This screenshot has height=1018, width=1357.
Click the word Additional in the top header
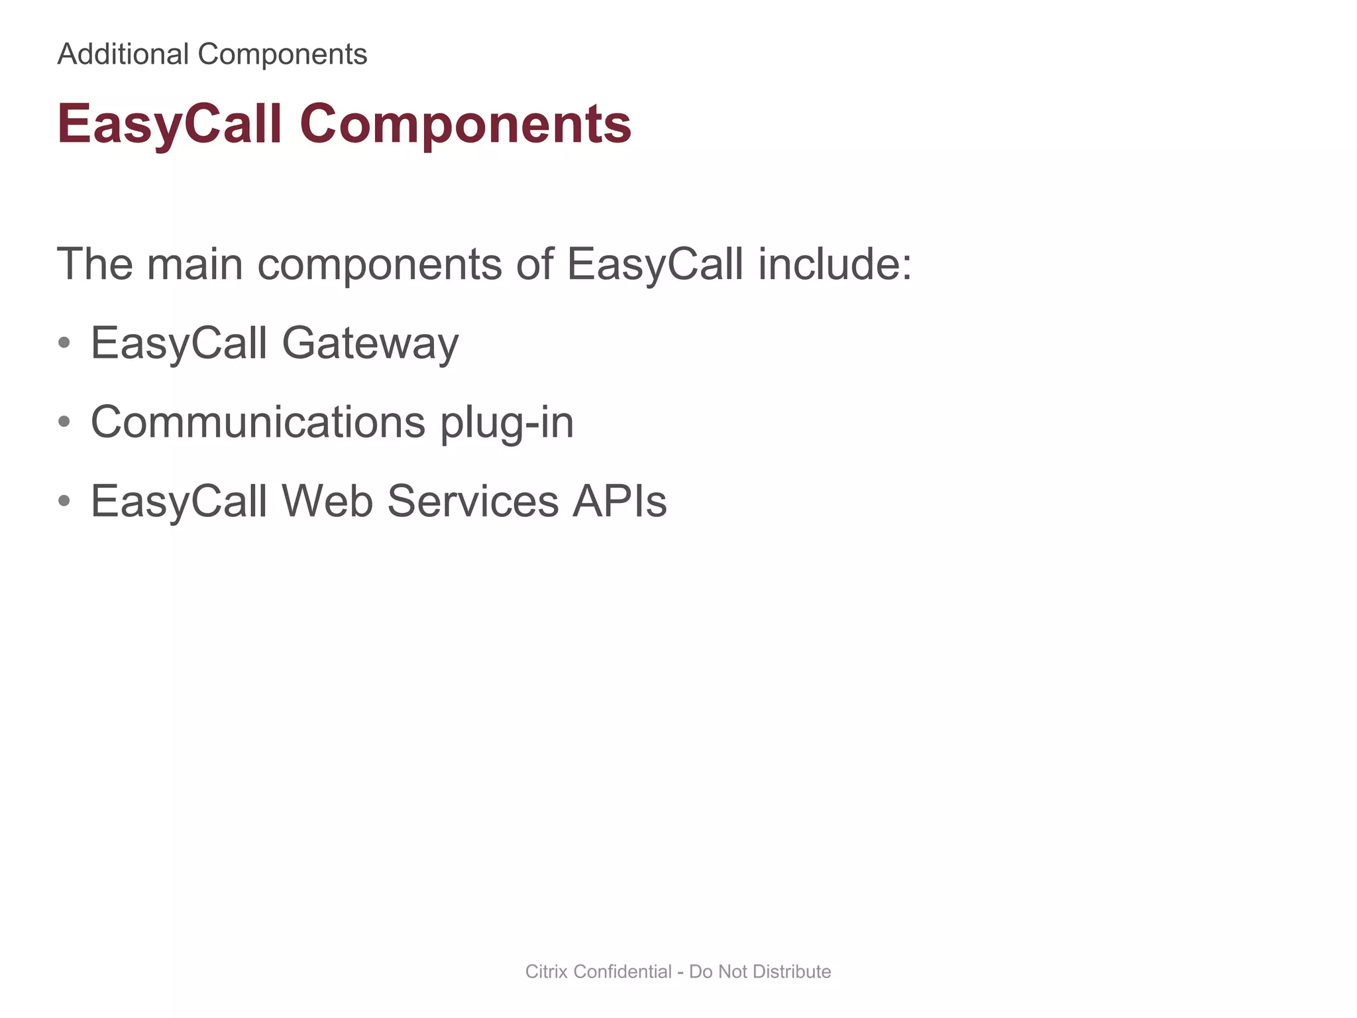[x=123, y=54]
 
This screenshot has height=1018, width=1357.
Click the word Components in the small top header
[x=282, y=54]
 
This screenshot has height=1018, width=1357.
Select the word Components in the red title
[x=465, y=124]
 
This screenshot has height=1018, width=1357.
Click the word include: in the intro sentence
[x=835, y=264]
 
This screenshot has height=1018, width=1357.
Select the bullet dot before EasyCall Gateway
[x=64, y=343]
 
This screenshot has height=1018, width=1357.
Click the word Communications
[x=258, y=422]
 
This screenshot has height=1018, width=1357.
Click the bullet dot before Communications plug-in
[x=64, y=422]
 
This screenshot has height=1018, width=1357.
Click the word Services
[x=472, y=501]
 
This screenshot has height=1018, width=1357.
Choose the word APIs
[x=620, y=501]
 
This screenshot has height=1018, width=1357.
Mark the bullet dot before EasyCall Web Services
[x=64, y=501]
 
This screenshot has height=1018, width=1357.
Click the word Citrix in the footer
[x=546, y=972]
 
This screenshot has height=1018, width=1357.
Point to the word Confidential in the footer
[x=622, y=972]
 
